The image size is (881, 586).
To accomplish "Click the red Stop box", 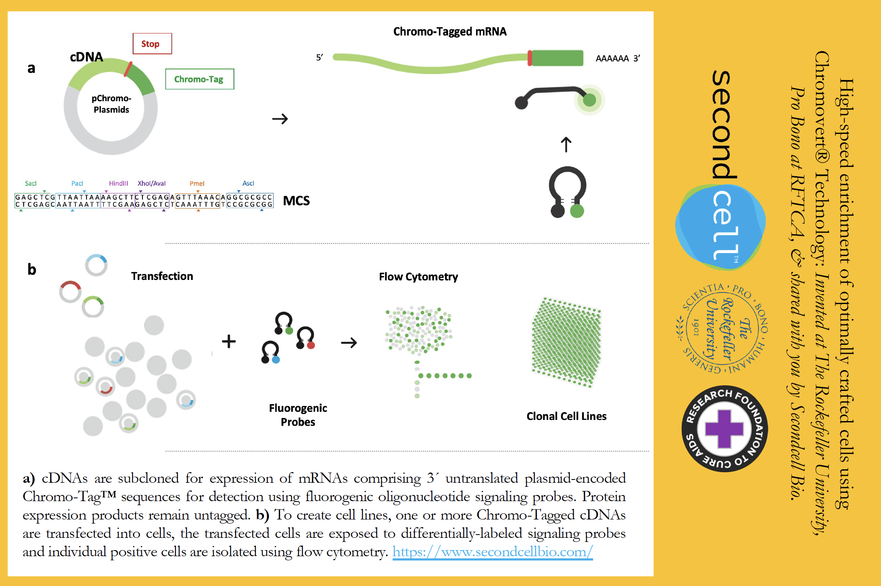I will click(152, 44).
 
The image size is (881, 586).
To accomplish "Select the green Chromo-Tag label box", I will click(199, 79).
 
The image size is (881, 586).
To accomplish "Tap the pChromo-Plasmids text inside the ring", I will click(111, 104).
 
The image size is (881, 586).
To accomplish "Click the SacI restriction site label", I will click(31, 184).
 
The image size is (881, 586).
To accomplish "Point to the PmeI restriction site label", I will click(197, 184).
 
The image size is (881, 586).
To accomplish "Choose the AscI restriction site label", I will click(248, 183).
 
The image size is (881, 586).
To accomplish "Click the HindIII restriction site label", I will click(118, 184).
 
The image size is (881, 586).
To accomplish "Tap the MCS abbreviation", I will click(296, 201).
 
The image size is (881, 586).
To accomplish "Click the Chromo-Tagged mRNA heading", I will click(449, 32).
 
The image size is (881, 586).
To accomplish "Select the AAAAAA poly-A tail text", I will click(612, 59).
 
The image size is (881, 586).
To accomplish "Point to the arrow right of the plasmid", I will click(280, 119).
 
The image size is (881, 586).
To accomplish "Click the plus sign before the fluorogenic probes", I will click(229, 342).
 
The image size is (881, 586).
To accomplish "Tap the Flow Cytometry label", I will click(418, 277).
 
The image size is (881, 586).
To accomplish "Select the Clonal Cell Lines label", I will click(566, 416).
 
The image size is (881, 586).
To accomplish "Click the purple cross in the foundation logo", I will click(724, 429).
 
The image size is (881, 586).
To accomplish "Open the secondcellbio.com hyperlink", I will click(492, 552).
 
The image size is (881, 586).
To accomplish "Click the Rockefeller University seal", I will click(722, 329).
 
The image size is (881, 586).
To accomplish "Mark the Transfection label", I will click(162, 276).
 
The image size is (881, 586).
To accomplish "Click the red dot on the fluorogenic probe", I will click(311, 346).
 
